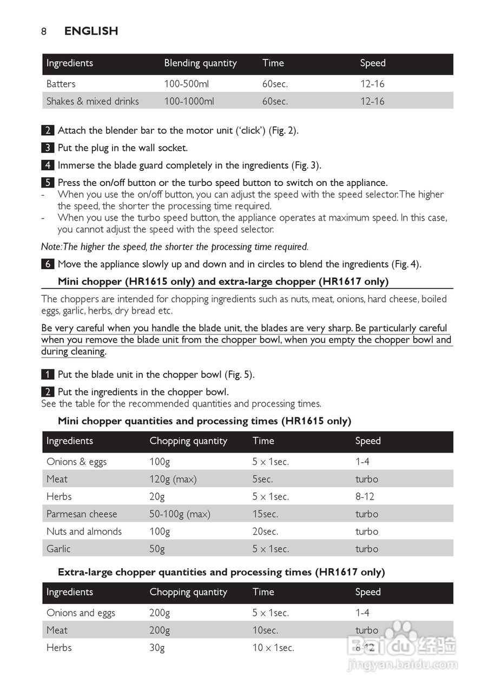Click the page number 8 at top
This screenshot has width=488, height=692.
(44, 31)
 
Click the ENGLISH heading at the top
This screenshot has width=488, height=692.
(91, 31)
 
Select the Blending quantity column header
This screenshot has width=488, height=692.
(200, 63)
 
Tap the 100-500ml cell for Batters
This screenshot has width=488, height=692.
(186, 84)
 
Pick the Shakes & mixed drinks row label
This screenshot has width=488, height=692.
(93, 101)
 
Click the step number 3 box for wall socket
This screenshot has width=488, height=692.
(48, 148)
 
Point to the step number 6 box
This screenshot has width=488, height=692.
(48, 264)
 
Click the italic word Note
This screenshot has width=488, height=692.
(51, 247)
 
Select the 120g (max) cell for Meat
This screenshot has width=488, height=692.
(173, 479)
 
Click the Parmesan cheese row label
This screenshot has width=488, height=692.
(82, 514)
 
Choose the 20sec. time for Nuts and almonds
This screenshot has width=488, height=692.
(265, 531)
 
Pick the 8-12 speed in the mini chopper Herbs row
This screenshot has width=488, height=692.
(365, 496)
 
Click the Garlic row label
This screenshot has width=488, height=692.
(58, 549)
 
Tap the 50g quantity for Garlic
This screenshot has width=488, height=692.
(157, 549)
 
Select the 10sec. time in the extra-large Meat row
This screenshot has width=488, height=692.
(265, 630)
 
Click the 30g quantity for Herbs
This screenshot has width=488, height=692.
(157, 648)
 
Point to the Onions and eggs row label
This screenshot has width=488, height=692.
(81, 613)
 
